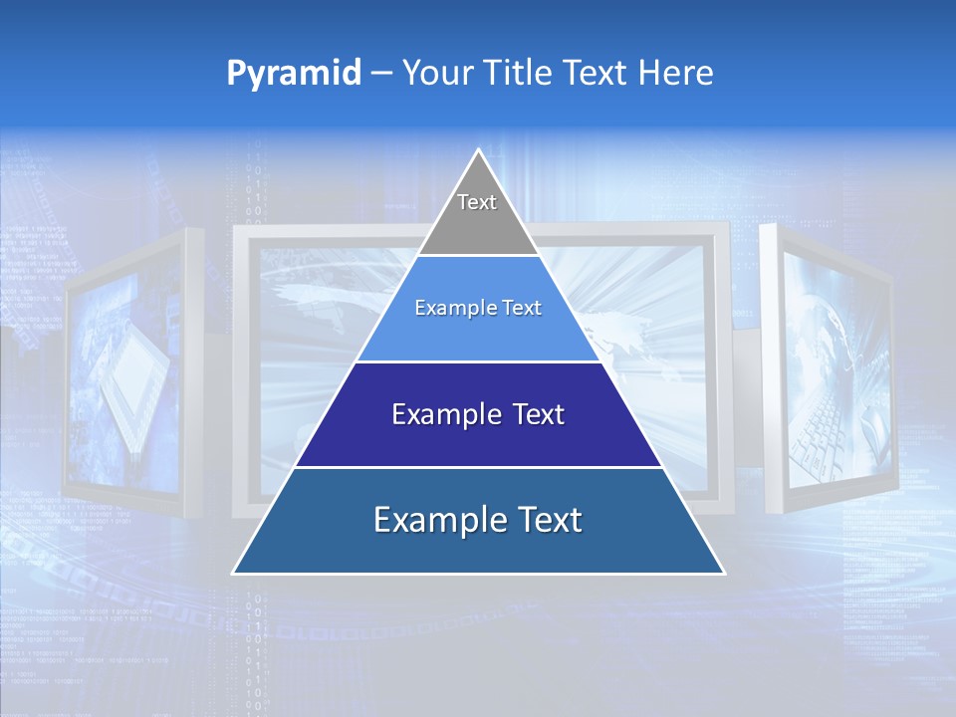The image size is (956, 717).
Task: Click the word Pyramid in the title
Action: (293, 74)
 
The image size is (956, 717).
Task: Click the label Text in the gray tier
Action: (477, 202)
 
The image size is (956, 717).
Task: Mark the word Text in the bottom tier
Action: (549, 520)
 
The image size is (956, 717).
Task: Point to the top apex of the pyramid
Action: (478, 150)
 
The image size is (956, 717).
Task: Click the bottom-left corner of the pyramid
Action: (234, 573)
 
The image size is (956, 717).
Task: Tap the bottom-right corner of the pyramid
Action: (723, 573)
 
